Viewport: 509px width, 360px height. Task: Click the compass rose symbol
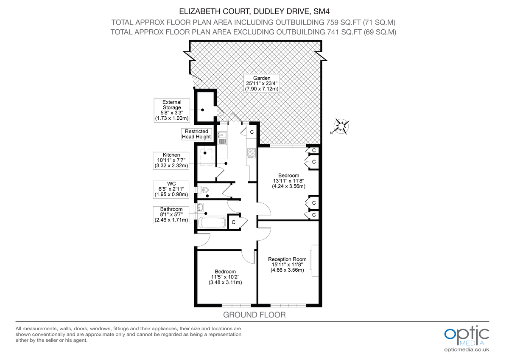pyautogui.click(x=342, y=127)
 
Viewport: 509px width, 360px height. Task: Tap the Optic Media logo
pyautogui.click(x=467, y=335)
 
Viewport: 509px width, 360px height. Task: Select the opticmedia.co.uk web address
pyautogui.click(x=467, y=349)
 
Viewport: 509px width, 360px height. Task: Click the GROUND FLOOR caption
pyautogui.click(x=255, y=315)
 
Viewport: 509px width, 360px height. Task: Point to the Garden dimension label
pyautogui.click(x=262, y=84)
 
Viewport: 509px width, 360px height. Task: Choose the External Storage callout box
pyautogui.click(x=172, y=110)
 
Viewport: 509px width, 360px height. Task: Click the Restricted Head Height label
pyautogui.click(x=196, y=134)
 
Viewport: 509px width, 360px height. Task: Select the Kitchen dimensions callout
pyautogui.click(x=171, y=160)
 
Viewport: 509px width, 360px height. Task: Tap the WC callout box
pyautogui.click(x=171, y=189)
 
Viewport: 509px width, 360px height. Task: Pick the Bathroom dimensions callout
pyautogui.click(x=171, y=214)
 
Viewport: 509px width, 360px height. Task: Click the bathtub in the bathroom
pyautogui.click(x=212, y=223)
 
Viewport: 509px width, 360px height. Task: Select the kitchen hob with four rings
pyautogui.click(x=251, y=152)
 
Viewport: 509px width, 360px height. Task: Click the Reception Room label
pyautogui.click(x=287, y=264)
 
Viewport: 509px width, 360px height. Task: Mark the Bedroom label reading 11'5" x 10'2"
pyautogui.click(x=225, y=277)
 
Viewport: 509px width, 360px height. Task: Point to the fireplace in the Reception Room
pyautogui.click(x=314, y=261)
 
